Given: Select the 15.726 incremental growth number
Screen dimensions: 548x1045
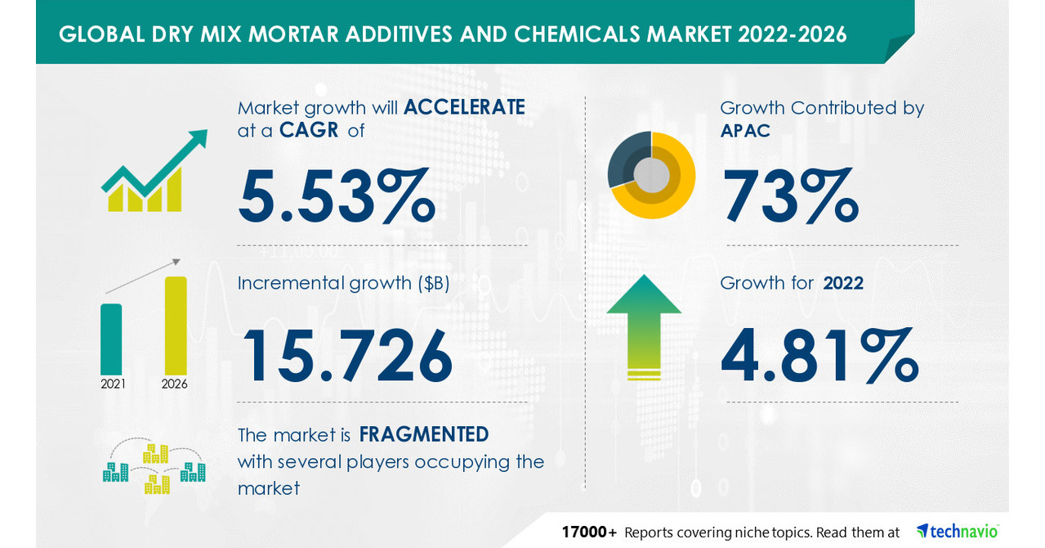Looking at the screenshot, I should (x=346, y=357).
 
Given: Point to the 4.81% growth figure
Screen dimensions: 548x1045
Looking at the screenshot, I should (x=819, y=357).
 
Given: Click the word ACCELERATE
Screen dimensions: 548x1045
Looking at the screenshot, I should (x=463, y=107).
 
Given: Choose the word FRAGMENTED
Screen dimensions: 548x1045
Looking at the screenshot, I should (x=424, y=433).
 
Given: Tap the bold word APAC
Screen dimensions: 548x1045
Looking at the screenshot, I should (x=745, y=130).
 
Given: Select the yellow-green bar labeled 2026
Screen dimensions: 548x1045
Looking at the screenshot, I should (x=175, y=326).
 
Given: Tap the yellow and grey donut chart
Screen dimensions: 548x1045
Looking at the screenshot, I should (x=651, y=175).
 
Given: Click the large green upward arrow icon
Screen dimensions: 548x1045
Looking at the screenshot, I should (x=644, y=327).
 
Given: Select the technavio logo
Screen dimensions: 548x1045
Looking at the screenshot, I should (x=957, y=532).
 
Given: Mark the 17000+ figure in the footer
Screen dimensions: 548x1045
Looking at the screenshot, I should (x=588, y=532).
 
